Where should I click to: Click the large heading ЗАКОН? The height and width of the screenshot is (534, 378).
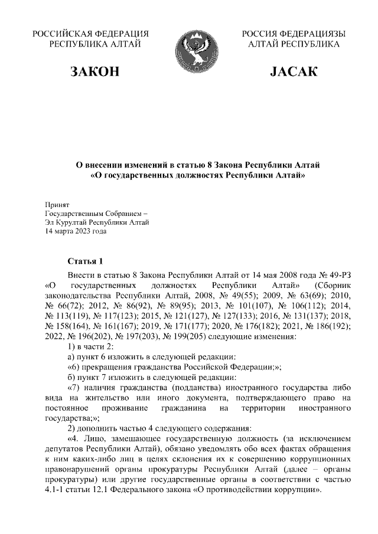[x=94, y=72]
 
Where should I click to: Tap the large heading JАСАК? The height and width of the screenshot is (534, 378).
[x=294, y=72]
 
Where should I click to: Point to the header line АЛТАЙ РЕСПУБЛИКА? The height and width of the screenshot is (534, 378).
[x=294, y=44]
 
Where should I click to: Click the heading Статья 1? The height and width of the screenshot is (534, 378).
[x=86, y=261]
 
